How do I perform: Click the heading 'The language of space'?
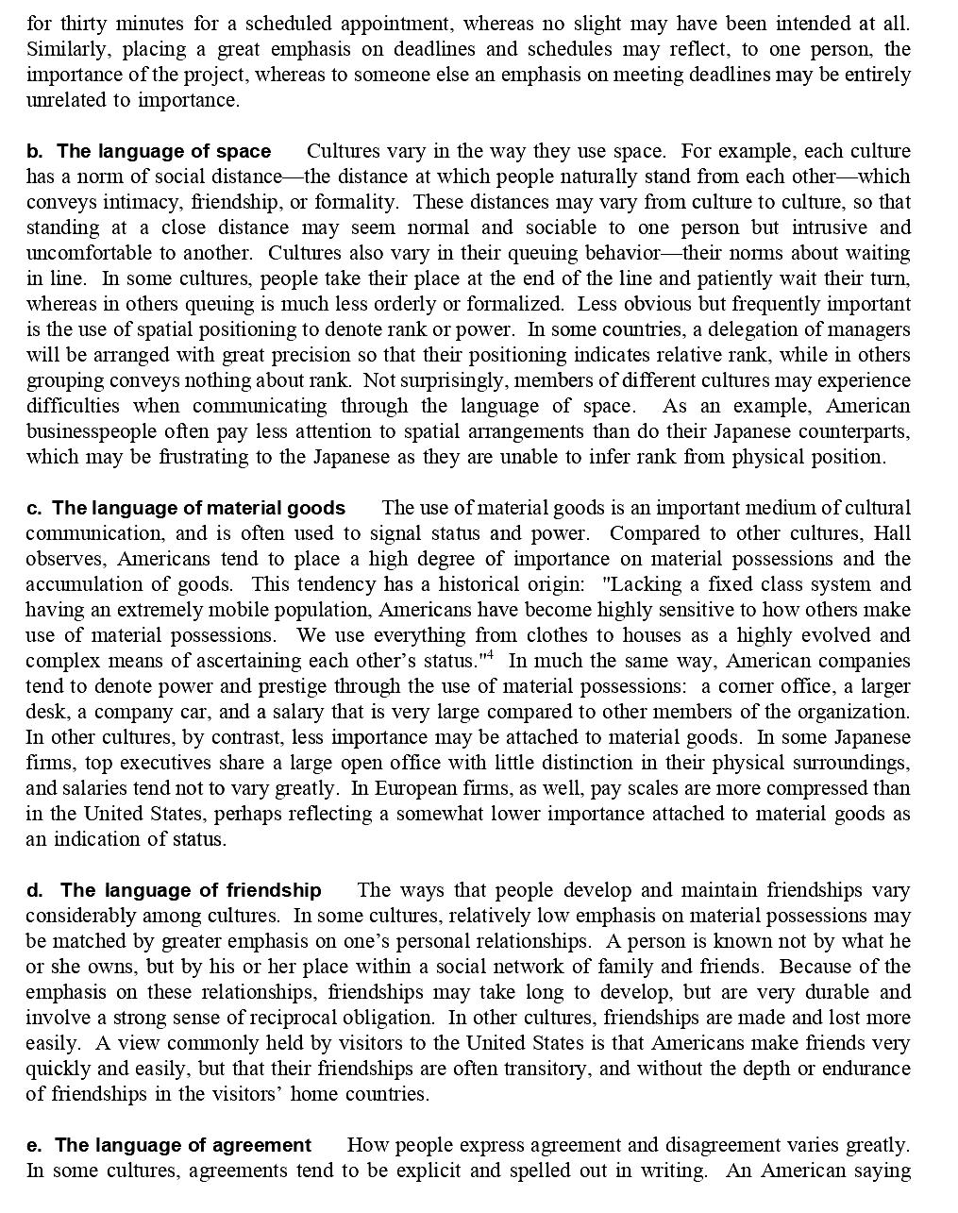pos(163,152)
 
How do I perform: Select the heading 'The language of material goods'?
pos(198,509)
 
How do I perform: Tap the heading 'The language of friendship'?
pos(191,891)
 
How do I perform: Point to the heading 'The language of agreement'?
pos(182,1146)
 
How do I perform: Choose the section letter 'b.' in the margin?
pos(35,152)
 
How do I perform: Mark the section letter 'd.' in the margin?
pos(35,891)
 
